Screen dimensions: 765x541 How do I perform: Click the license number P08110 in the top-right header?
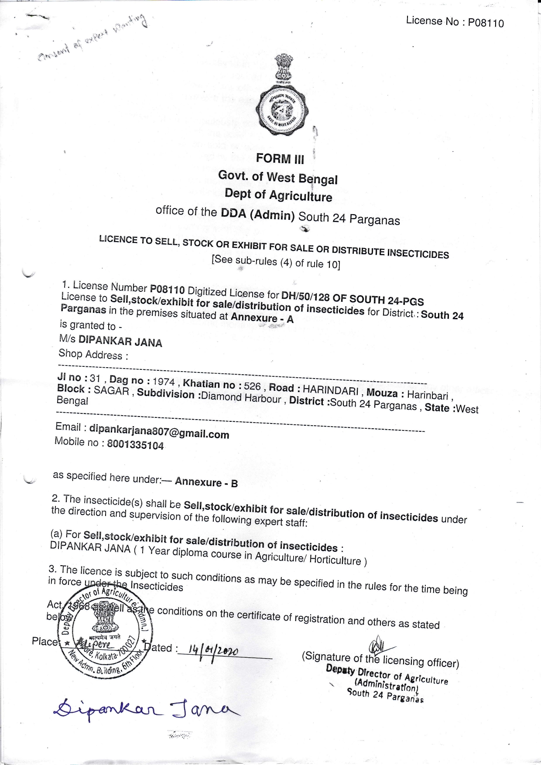(486, 23)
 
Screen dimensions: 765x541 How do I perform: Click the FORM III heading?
(280, 158)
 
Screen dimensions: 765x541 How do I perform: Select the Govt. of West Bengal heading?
(278, 178)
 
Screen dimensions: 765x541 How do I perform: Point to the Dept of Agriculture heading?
(278, 195)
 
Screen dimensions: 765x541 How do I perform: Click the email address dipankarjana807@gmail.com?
(159, 432)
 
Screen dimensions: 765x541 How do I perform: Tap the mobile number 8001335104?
(135, 445)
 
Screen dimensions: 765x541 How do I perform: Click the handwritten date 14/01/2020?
(213, 652)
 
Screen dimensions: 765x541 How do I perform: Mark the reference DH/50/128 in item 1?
(305, 297)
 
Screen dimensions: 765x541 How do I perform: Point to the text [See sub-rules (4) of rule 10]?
(276, 262)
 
